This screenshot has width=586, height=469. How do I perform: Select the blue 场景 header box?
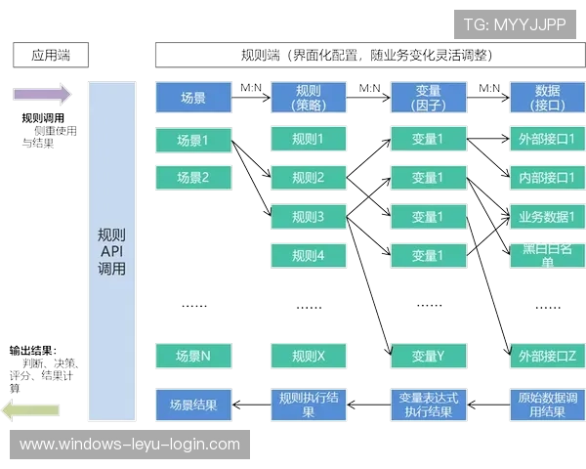[x=192, y=98]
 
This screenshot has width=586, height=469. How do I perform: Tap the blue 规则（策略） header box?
[x=308, y=98]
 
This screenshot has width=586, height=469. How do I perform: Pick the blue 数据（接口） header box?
[x=547, y=98]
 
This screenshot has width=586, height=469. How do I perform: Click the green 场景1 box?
[x=192, y=140]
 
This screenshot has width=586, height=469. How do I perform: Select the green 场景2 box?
[x=192, y=178]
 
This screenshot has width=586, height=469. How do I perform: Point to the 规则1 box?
[x=308, y=140]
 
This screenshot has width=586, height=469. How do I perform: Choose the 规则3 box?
[x=308, y=217]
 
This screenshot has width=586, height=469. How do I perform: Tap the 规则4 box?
[x=308, y=256]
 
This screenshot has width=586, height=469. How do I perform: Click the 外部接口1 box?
[x=547, y=140]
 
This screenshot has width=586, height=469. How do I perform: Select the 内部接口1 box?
[x=547, y=178]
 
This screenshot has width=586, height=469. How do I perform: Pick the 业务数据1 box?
[x=547, y=217]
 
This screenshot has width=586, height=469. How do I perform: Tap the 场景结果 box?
[x=192, y=404]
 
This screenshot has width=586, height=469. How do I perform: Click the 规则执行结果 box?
[x=308, y=404]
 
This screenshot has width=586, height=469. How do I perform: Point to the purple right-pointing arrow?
[x=42, y=94]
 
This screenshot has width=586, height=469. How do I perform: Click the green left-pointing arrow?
[x=31, y=410]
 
